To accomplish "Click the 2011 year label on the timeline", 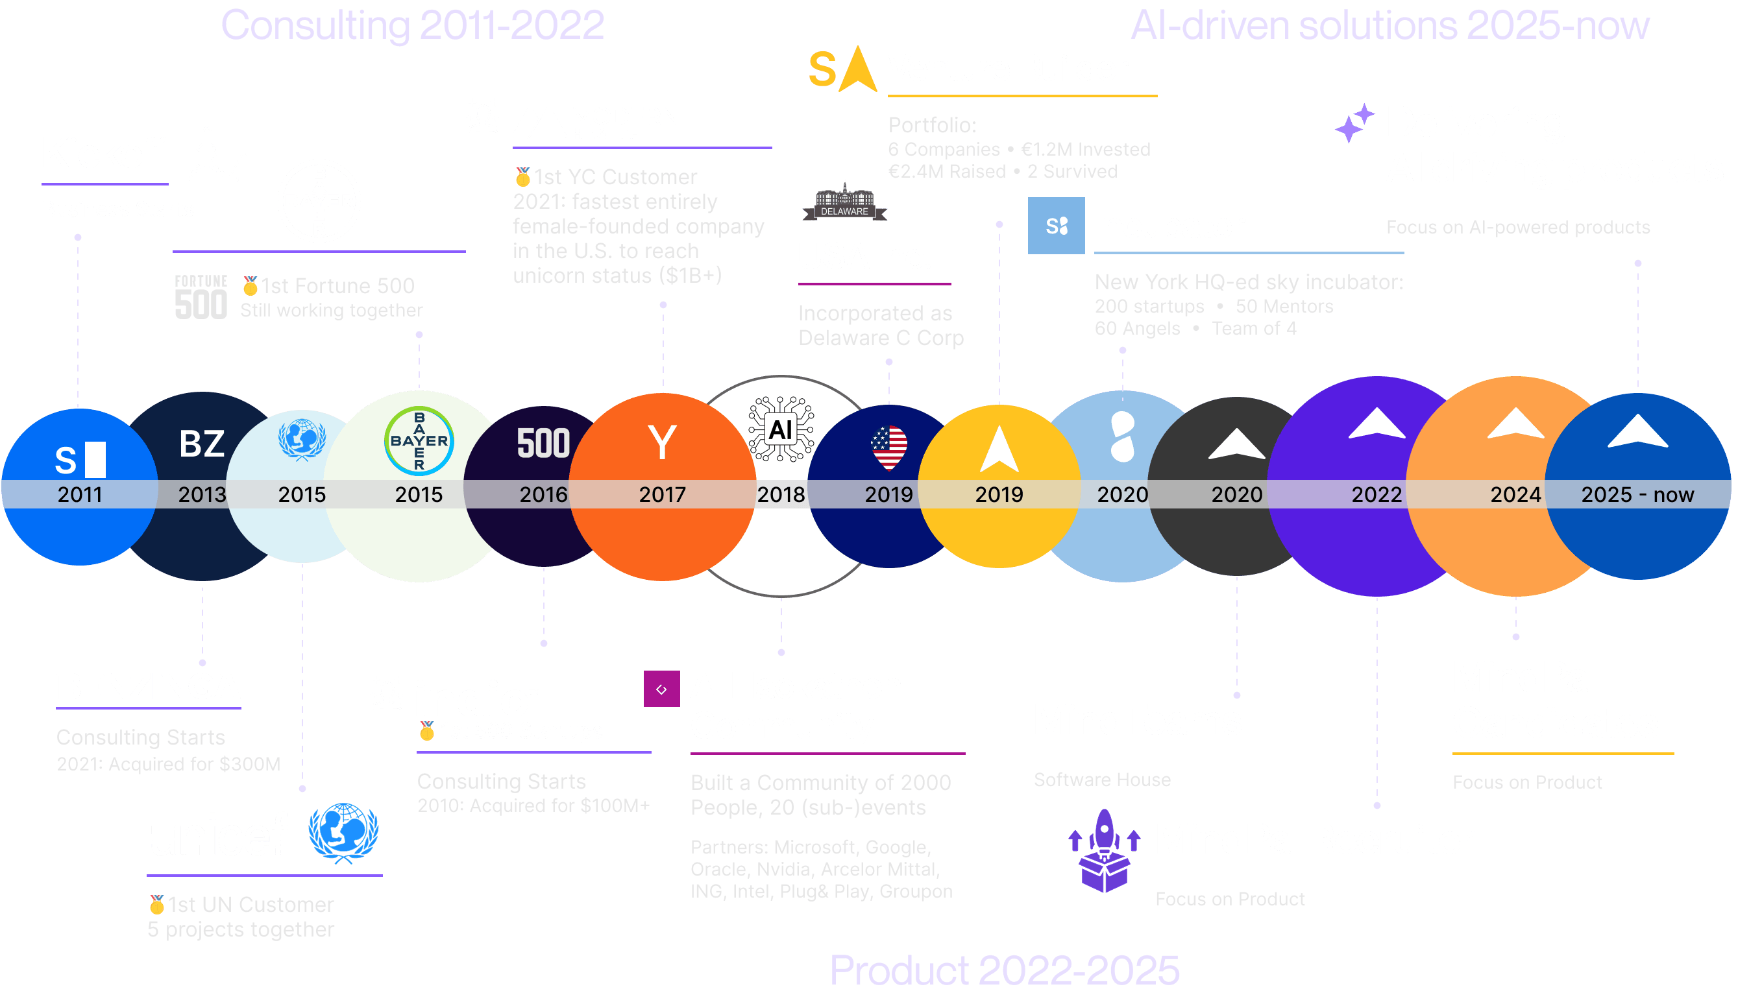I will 80,494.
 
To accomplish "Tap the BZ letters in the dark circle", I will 202,444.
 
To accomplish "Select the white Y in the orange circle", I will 662,442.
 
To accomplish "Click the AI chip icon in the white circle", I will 781,429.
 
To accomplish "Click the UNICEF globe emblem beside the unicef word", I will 343,832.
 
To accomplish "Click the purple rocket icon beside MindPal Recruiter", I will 1104,850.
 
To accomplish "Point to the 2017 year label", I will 662,494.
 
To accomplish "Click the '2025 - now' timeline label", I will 1637,494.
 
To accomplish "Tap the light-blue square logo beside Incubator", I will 1056,225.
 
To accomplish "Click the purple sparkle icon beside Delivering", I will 1354,123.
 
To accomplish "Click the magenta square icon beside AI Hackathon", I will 661,689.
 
